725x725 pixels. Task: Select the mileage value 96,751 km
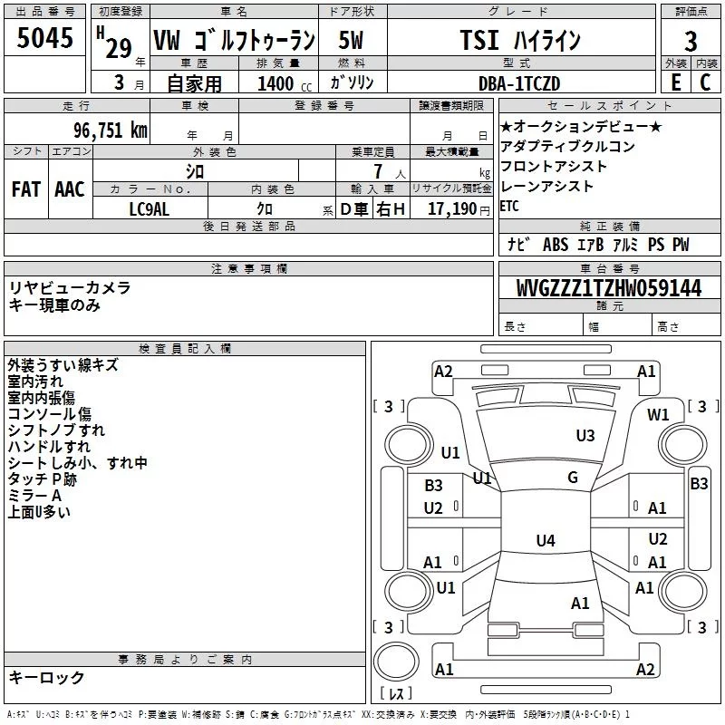(x=111, y=130)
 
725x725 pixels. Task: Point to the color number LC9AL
(x=150, y=208)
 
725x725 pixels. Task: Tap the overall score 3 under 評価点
(x=691, y=41)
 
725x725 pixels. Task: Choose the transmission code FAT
(x=26, y=188)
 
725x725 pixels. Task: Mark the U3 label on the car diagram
(x=585, y=436)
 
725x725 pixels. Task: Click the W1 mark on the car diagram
(x=658, y=415)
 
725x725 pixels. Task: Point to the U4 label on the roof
(x=545, y=541)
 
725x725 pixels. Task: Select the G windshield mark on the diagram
(x=573, y=478)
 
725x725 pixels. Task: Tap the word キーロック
(x=46, y=677)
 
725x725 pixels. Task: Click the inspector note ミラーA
(x=34, y=496)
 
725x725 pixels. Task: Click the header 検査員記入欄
(x=185, y=349)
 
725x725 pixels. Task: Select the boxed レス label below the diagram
(x=395, y=693)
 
